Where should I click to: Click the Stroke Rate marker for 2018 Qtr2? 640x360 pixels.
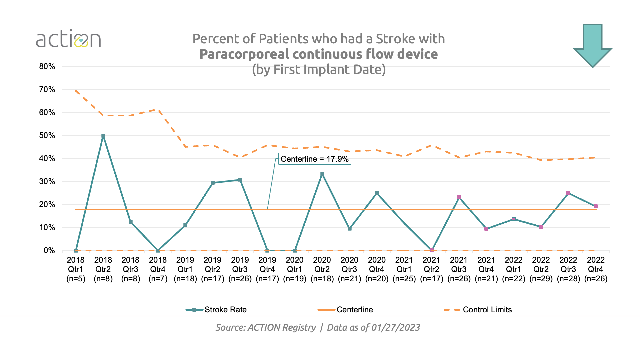[103, 136]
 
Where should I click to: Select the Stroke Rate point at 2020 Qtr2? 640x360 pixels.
[322, 174]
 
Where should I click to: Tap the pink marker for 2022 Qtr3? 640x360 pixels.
[568, 193]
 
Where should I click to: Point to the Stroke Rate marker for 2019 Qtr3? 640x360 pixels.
[240, 180]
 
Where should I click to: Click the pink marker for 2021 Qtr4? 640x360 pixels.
[486, 229]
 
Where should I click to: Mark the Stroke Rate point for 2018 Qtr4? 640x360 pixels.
[158, 251]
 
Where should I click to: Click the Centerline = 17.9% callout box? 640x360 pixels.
[314, 159]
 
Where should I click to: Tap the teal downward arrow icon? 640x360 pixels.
[592, 45]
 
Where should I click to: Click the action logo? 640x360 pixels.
[68, 39]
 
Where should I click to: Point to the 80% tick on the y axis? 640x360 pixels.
[47, 66]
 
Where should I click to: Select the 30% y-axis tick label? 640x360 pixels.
[47, 182]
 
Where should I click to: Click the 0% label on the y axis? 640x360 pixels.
[49, 251]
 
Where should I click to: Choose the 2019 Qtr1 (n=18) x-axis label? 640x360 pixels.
[185, 269]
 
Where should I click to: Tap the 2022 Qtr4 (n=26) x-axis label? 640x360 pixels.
[596, 269]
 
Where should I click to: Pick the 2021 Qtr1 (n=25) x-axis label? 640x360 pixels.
[404, 269]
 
